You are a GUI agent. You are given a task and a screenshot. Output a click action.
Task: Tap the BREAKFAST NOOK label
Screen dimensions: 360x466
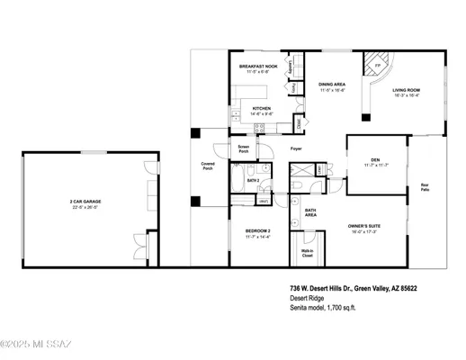pyautogui.click(x=257, y=67)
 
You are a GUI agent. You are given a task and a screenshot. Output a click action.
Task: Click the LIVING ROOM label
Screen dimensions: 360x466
pyautogui.click(x=407, y=90)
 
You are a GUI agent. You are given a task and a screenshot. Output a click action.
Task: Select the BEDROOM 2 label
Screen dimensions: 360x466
pyautogui.click(x=258, y=230)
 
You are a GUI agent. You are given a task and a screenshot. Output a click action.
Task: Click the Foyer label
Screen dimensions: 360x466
pyautogui.click(x=295, y=148)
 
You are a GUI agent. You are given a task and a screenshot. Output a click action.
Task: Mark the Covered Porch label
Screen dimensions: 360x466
pyautogui.click(x=208, y=166)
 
